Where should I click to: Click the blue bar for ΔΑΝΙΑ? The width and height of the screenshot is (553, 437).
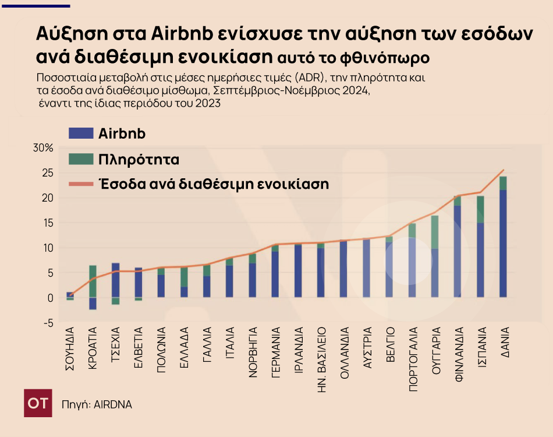(x=503, y=244)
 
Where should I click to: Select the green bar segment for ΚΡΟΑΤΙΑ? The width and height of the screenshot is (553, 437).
(x=93, y=281)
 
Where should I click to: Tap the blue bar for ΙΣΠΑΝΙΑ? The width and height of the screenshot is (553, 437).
(x=480, y=260)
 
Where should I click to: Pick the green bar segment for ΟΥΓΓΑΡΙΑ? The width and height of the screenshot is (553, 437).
(x=434, y=232)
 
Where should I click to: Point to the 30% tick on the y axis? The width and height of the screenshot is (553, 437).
(x=43, y=148)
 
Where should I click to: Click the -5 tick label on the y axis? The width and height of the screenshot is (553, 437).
(x=48, y=323)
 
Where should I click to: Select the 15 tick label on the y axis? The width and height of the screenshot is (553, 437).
(x=48, y=223)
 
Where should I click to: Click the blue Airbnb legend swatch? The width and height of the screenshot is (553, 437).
(x=81, y=133)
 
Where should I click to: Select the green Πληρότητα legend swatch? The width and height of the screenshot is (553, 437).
(x=81, y=158)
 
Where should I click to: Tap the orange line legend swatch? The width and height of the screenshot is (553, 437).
(x=81, y=184)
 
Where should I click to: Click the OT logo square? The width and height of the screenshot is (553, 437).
(x=38, y=403)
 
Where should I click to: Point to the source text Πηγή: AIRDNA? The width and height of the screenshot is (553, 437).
(x=97, y=404)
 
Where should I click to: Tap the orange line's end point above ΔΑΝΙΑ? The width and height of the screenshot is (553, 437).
(x=504, y=170)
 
